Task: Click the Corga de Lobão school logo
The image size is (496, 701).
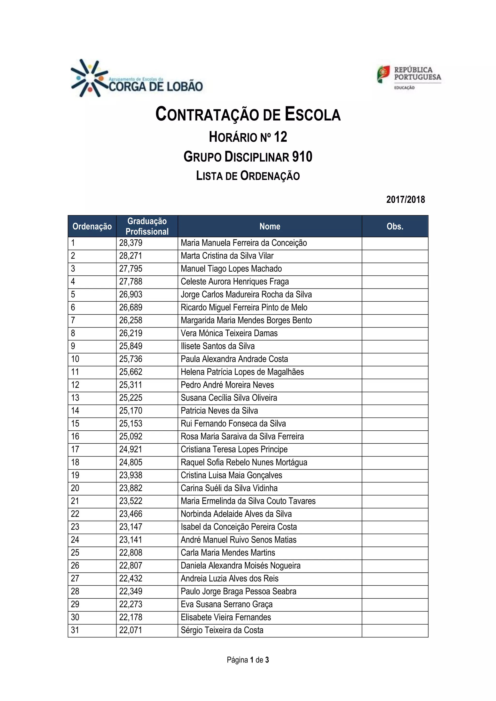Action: click(x=137, y=79)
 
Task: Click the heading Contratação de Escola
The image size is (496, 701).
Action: click(x=248, y=114)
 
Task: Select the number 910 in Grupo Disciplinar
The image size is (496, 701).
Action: click(x=302, y=157)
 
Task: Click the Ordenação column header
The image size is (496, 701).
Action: click(x=92, y=227)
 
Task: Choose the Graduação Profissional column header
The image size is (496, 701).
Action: click(x=147, y=226)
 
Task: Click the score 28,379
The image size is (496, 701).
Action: click(x=131, y=243)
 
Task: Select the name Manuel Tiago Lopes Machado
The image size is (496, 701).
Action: click(x=231, y=269)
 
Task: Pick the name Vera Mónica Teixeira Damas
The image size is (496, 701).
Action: click(x=229, y=333)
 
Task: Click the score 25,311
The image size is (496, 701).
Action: click(x=131, y=385)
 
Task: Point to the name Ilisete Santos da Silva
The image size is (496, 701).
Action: click(x=217, y=346)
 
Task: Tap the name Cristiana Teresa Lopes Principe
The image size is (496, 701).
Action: click(x=234, y=450)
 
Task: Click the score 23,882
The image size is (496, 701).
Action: click(x=131, y=488)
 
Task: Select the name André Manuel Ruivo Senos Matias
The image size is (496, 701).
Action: click(x=239, y=540)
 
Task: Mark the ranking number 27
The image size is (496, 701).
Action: click(x=75, y=579)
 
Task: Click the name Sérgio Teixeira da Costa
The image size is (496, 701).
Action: click(x=222, y=630)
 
